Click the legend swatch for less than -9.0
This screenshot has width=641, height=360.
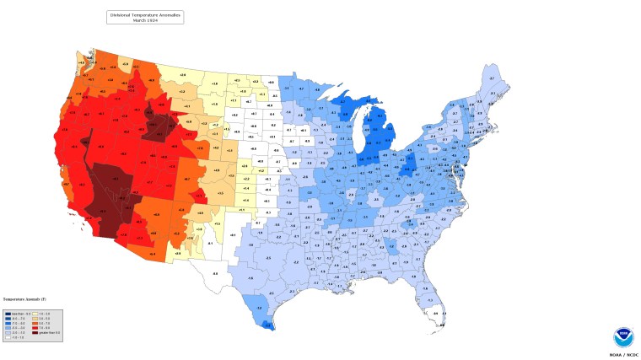(x=8, y=314)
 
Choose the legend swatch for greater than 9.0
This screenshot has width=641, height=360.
(x=35, y=333)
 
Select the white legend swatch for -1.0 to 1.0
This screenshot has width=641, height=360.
(x=8, y=337)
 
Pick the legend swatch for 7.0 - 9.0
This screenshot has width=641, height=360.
(x=35, y=328)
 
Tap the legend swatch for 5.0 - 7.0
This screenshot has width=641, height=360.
(x=35, y=324)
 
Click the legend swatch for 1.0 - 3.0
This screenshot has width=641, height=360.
(x=35, y=314)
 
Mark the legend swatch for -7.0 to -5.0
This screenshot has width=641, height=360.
(x=8, y=324)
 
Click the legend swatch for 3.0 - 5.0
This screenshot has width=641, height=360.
(x=35, y=319)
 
